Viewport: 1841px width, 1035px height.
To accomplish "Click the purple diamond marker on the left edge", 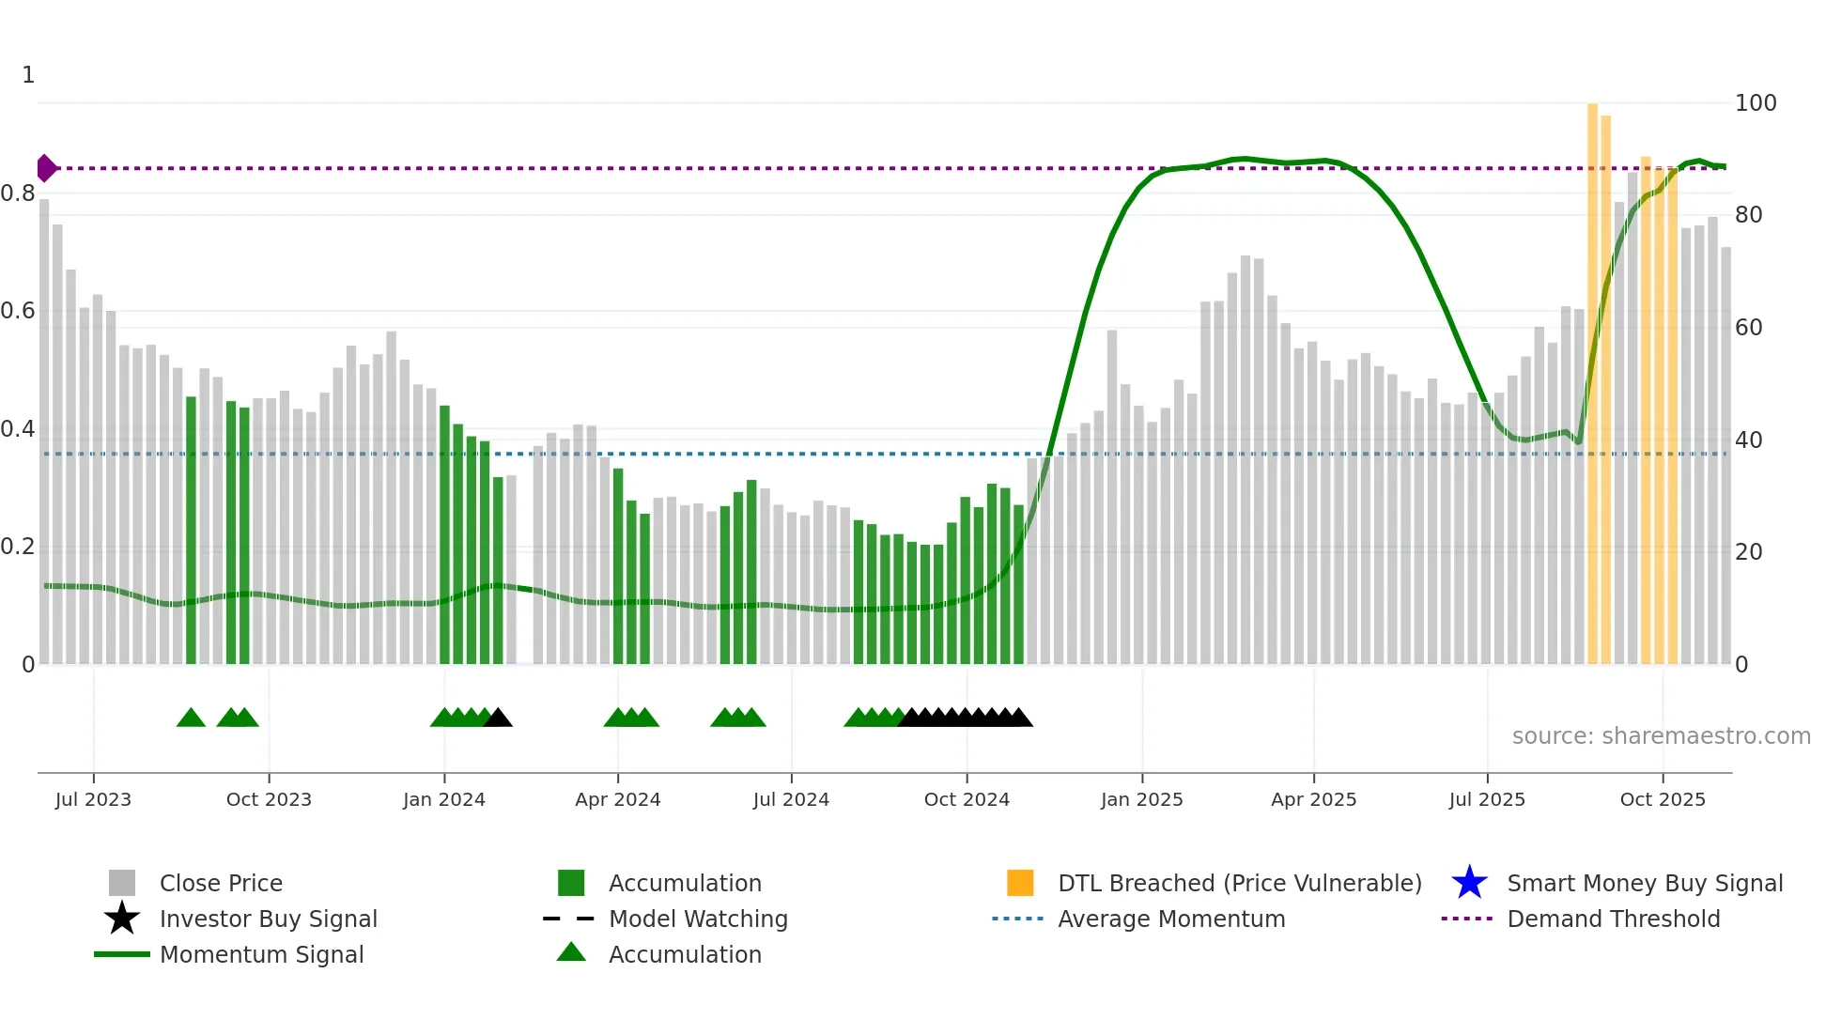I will [x=46, y=168].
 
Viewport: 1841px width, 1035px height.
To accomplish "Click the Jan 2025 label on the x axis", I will [x=1141, y=799].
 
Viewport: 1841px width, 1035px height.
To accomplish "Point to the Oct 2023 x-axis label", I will [x=269, y=799].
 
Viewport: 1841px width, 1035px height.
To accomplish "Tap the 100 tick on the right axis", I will [x=1755, y=103].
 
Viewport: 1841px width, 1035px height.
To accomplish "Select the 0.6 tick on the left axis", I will [x=18, y=311].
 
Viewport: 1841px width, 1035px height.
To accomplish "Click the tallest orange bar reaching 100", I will [x=1592, y=376].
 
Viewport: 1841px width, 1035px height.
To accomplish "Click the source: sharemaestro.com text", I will [x=1661, y=736].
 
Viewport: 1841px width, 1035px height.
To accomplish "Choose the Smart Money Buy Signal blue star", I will [x=1469, y=883].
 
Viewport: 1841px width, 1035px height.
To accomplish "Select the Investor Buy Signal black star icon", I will [x=122, y=919].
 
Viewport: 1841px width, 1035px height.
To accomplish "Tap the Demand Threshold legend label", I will [x=1613, y=919].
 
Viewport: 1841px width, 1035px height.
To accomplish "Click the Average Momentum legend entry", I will [x=1170, y=919].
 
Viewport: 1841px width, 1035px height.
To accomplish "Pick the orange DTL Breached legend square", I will [x=1020, y=883].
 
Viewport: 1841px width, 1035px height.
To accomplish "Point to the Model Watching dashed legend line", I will [x=569, y=919].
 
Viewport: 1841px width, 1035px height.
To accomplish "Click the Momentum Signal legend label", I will [x=261, y=954].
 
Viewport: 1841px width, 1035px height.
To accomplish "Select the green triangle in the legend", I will [x=571, y=952].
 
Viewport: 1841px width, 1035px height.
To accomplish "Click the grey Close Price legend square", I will [x=122, y=883].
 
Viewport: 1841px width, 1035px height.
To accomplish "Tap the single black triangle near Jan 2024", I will [x=499, y=718].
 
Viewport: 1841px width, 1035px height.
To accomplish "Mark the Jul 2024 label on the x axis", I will [x=791, y=799].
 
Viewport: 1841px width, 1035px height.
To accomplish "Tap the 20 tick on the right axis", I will [x=1748, y=552].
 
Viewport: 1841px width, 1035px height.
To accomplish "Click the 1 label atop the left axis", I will [x=28, y=75].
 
